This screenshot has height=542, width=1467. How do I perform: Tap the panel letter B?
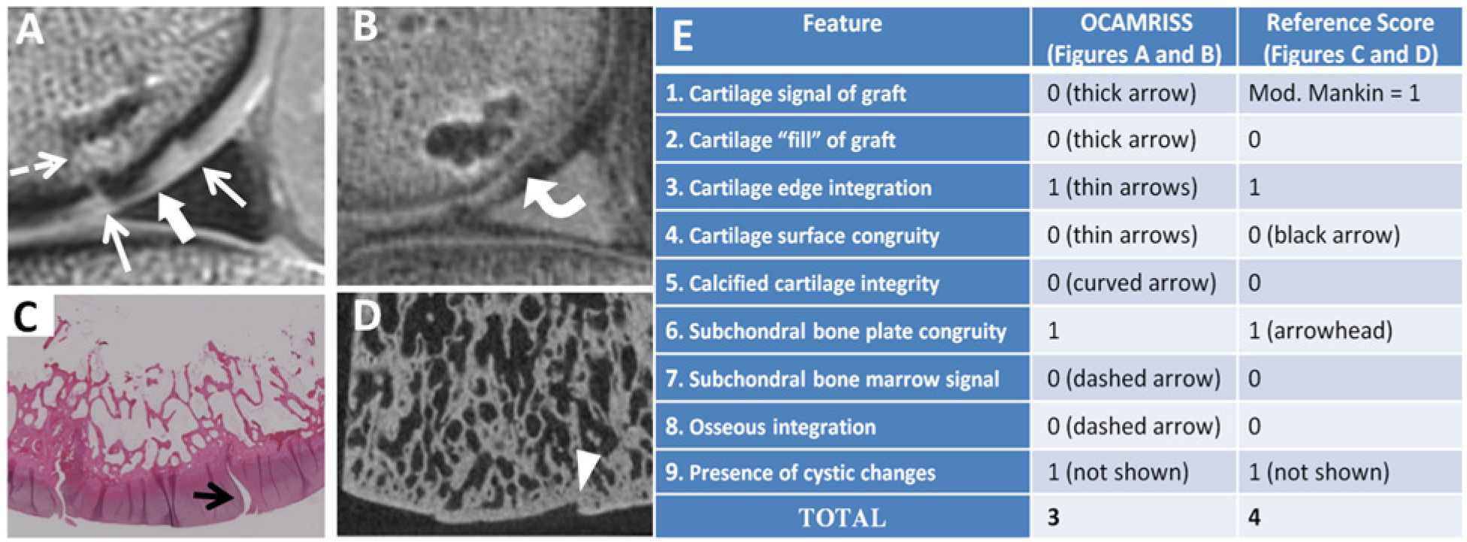[x=365, y=27]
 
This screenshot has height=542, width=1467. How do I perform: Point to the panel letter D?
[x=367, y=316]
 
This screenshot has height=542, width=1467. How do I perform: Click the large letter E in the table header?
[x=682, y=35]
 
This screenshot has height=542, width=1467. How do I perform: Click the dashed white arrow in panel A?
[x=38, y=166]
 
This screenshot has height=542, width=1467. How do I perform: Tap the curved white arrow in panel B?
[x=552, y=197]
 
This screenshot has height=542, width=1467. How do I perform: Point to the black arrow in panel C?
[x=215, y=496]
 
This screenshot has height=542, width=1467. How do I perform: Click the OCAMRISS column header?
[x=1136, y=38]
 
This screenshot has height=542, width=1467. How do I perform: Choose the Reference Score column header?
[x=1350, y=38]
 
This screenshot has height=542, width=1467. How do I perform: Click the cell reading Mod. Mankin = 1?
[x=1334, y=93]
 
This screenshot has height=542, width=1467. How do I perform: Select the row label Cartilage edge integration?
[x=798, y=187]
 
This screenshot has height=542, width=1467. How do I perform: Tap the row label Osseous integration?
[x=770, y=427]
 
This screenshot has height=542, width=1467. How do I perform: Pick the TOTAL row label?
[x=842, y=518]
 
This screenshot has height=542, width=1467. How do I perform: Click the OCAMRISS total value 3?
[x=1054, y=517]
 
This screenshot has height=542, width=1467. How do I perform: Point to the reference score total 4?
[x=1255, y=517]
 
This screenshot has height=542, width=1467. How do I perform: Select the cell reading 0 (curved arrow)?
[x=1132, y=283]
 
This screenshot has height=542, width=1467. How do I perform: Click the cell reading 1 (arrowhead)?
[x=1320, y=331]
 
